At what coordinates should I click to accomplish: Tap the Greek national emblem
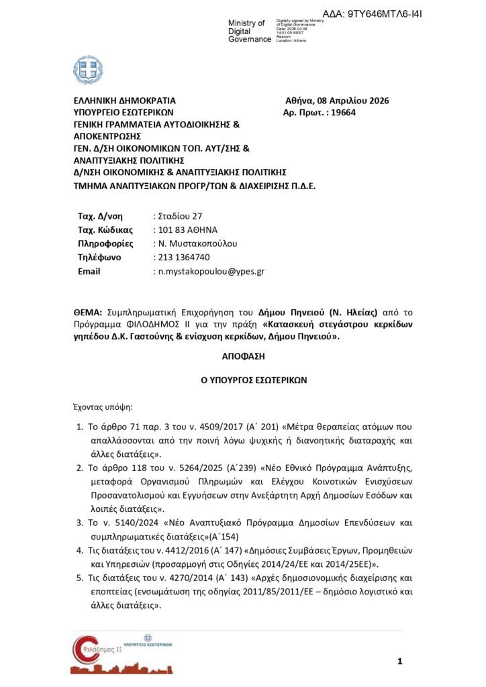[x=88, y=70]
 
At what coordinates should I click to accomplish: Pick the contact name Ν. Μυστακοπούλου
[x=197, y=244]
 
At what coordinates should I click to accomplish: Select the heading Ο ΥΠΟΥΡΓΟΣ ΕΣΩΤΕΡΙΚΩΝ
[x=244, y=379]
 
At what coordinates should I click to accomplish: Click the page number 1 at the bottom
[x=399, y=662]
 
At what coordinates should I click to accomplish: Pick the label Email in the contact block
[x=89, y=271]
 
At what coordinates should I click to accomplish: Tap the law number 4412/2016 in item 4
[x=153, y=549]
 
